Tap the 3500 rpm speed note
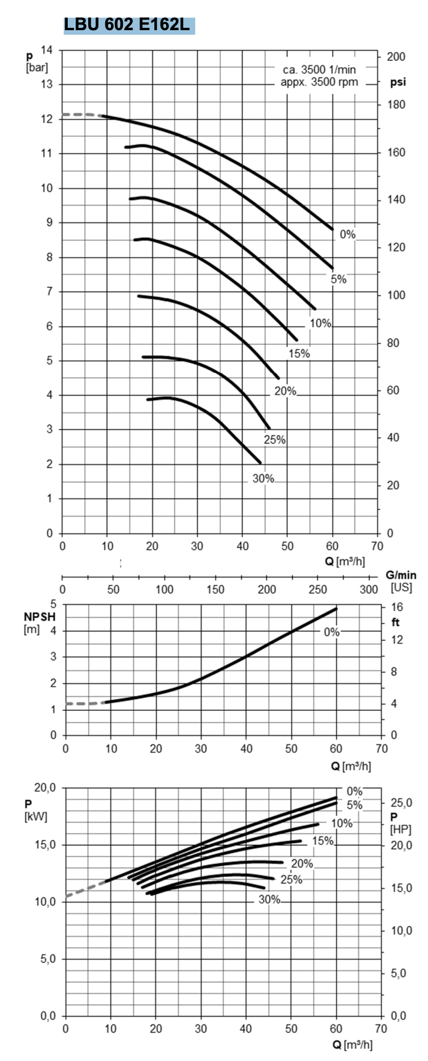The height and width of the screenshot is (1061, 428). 319,76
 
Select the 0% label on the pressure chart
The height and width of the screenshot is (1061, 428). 347,235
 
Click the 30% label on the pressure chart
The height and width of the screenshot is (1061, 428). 263,479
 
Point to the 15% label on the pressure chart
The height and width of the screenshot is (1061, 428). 299,354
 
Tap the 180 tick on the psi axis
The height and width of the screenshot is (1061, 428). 396,105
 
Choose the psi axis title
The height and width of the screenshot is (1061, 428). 398,82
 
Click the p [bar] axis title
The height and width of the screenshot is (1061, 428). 36,62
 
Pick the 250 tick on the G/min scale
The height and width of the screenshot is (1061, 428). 318,590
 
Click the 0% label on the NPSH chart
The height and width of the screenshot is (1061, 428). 331,632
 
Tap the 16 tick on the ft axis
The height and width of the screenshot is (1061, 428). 396,607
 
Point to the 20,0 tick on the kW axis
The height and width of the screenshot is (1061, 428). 44,788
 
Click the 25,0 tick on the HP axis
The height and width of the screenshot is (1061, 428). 401,803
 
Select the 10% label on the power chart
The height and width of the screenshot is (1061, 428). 341,823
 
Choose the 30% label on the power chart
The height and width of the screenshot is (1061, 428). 269,899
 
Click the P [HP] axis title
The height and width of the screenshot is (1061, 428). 400,823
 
